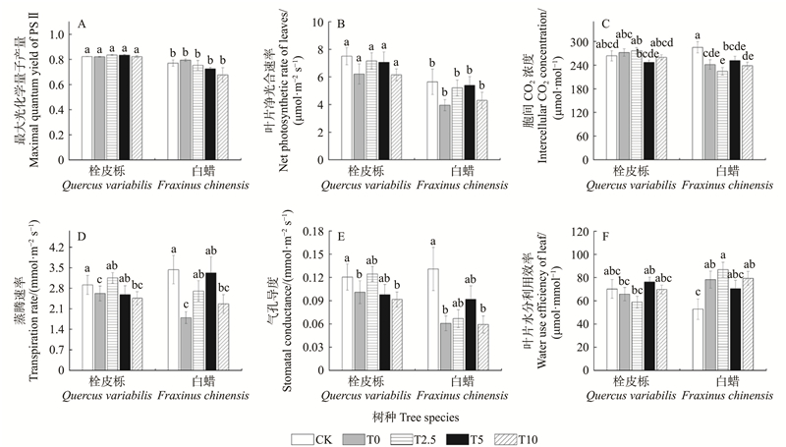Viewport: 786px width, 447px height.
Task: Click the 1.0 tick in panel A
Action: pyautogui.click(x=57, y=34)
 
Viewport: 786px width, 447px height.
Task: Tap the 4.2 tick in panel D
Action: pyautogui.click(x=57, y=247)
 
